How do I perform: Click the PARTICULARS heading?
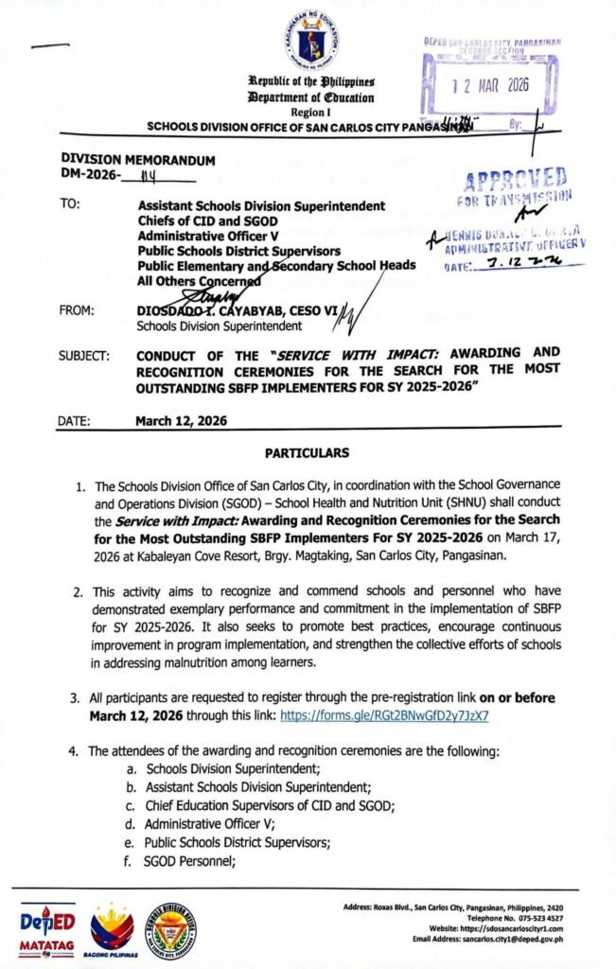pos(308,453)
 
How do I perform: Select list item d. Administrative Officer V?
pos(190,823)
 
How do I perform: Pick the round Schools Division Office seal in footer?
pos(170,928)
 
